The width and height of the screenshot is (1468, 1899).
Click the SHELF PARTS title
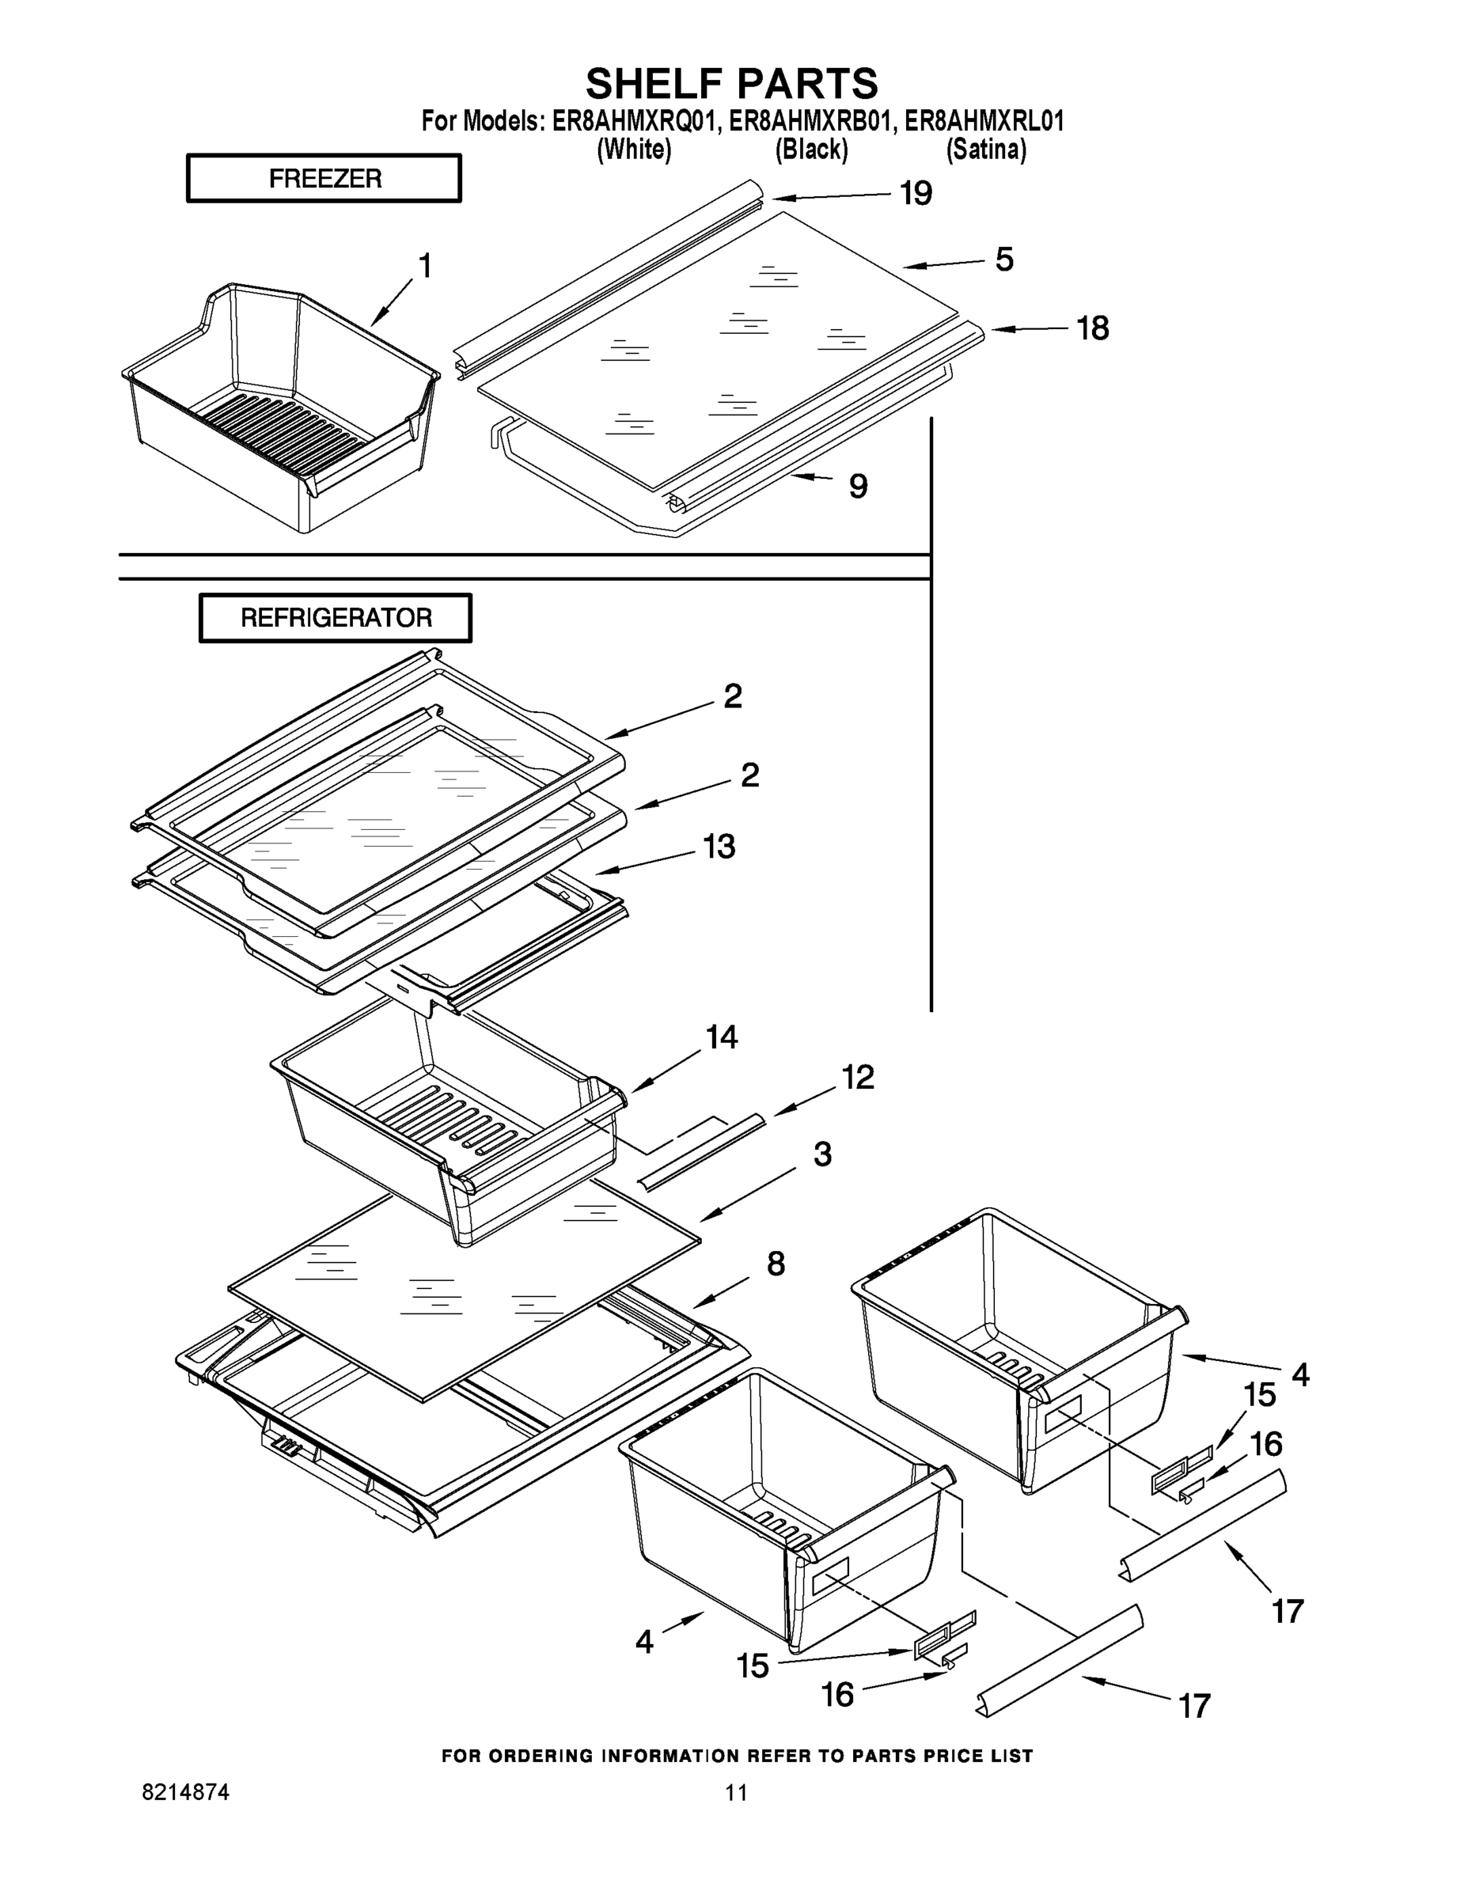[x=732, y=85]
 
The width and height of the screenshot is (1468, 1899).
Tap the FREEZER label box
[x=324, y=178]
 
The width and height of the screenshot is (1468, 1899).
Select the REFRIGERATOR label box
[x=336, y=618]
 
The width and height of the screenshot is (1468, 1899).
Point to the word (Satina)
[x=986, y=150]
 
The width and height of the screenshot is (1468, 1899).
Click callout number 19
[x=916, y=193]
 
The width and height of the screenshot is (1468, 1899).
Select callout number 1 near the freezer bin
[x=425, y=266]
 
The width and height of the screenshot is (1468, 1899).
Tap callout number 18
[x=1092, y=328]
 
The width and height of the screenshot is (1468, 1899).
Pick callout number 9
[x=858, y=486]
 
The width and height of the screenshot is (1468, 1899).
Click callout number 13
[x=719, y=846]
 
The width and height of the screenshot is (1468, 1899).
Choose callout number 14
[x=722, y=1037]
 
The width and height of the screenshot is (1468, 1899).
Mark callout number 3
[x=821, y=1154]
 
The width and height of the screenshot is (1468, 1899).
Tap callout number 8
[x=776, y=1264]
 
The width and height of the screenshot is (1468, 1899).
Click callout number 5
[x=1004, y=259]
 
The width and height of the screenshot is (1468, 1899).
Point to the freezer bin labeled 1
[x=279, y=408]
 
